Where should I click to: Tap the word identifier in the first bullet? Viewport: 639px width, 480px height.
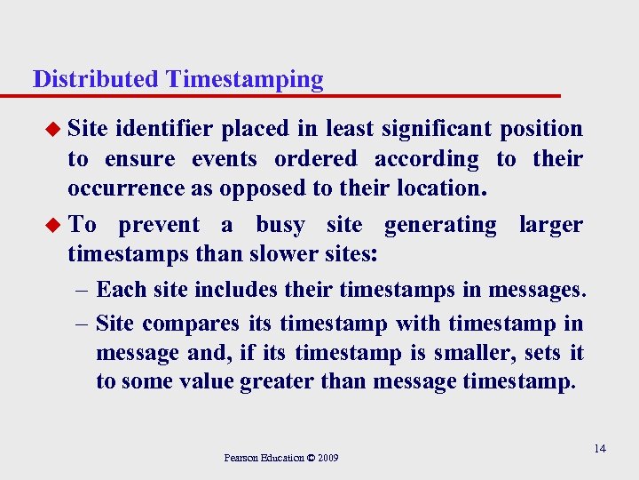pos(164,129)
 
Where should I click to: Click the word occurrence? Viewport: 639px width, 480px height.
pos(124,188)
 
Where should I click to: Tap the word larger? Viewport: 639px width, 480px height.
pos(551,226)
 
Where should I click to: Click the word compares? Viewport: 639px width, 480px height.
pos(191,324)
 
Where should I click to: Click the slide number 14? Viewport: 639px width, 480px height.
pos(600,448)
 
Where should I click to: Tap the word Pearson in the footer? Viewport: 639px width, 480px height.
pos(241,458)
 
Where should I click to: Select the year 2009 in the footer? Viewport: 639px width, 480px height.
pos(327,458)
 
